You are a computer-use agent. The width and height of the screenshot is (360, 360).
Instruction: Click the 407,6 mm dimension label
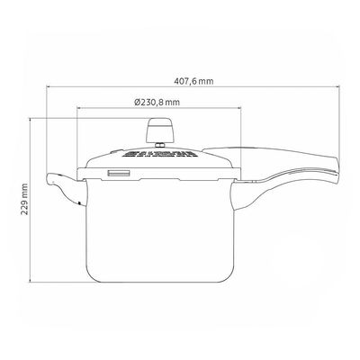193,81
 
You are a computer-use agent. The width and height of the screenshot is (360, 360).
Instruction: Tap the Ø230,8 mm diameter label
157,103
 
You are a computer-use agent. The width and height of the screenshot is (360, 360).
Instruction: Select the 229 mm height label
24,199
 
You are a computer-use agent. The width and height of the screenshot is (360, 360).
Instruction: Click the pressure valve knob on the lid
160,130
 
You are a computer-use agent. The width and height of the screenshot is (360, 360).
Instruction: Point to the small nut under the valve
160,146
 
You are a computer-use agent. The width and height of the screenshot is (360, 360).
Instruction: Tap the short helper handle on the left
66,188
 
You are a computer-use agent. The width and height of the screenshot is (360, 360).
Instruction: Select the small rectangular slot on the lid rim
119,174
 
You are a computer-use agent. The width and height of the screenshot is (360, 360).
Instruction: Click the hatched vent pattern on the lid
159,154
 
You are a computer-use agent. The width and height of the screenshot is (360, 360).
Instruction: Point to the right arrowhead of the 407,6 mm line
338,87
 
